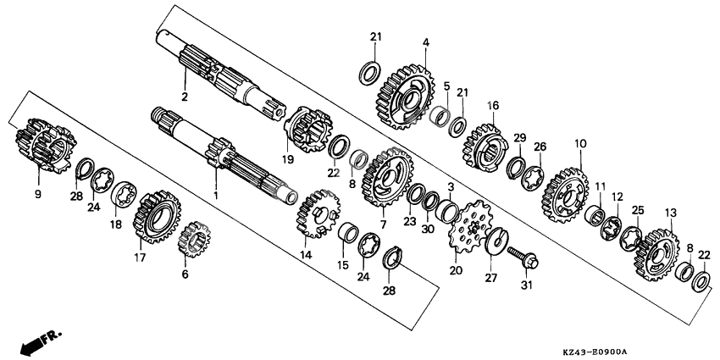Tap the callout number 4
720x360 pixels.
[x=426, y=42]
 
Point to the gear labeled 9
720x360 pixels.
[x=44, y=145]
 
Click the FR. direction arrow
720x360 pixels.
[x=42, y=341]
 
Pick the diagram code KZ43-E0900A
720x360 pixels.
[x=595, y=352]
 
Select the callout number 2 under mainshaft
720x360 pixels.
[x=185, y=97]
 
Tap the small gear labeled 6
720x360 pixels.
[x=194, y=238]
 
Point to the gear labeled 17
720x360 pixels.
[x=157, y=218]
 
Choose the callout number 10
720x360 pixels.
[x=580, y=144]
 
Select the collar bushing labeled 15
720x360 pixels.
[x=348, y=232]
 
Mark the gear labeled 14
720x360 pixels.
[x=318, y=213]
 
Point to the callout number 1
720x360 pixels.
[x=216, y=196]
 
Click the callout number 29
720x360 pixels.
[x=519, y=138]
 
